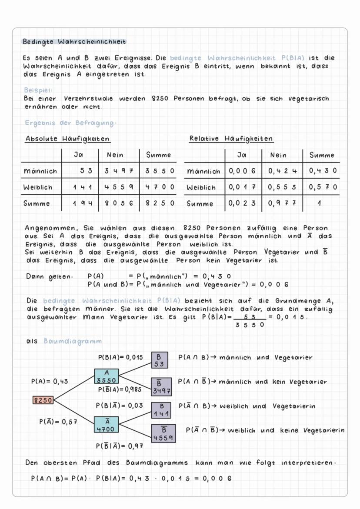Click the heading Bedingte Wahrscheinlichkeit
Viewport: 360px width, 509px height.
coord(74,42)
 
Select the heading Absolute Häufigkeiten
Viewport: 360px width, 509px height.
coord(67,139)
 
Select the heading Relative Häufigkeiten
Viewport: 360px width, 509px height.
coord(231,139)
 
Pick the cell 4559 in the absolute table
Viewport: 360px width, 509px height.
coord(118,187)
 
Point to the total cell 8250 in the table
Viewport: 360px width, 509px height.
coord(159,203)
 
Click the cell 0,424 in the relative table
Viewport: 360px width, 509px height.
coord(281,171)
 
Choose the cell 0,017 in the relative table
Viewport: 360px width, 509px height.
coord(243,187)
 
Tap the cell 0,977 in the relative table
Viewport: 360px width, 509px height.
coord(281,203)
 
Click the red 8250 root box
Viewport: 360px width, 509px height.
coord(43,400)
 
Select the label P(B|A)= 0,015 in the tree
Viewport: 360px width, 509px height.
coord(120,357)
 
